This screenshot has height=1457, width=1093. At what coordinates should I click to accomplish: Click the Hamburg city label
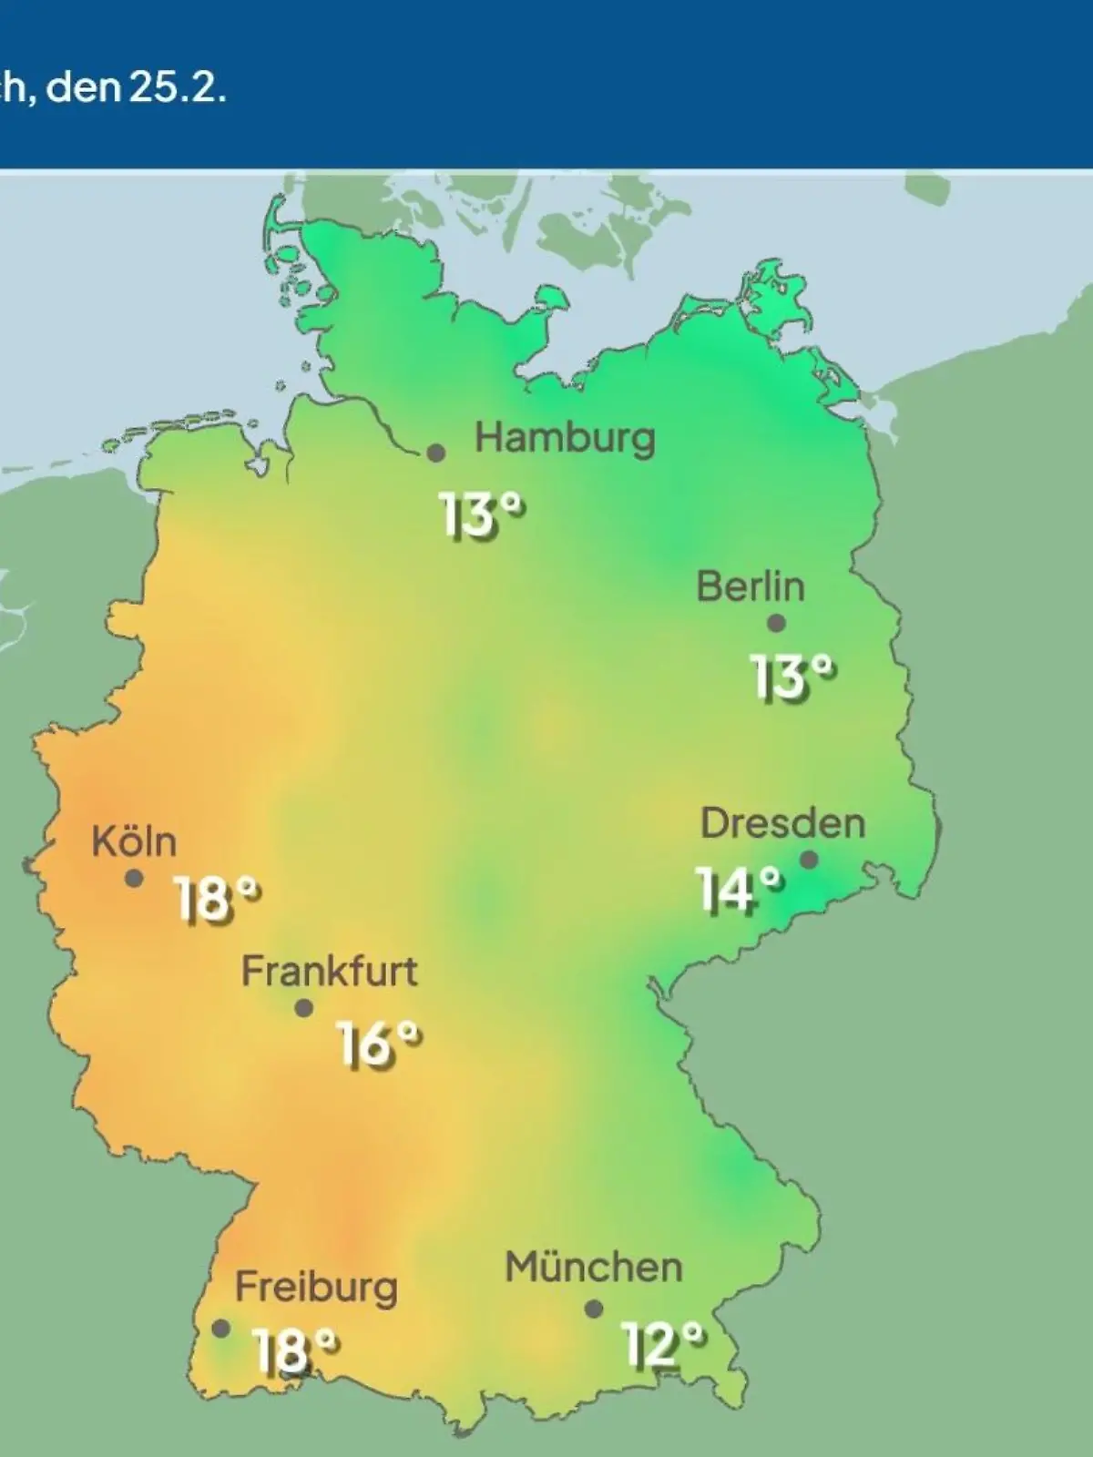(x=565, y=439)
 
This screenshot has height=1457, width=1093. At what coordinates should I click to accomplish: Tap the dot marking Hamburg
(x=436, y=453)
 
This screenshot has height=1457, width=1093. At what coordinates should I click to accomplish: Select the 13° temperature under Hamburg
(x=482, y=515)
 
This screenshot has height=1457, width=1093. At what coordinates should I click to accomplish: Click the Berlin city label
(x=751, y=586)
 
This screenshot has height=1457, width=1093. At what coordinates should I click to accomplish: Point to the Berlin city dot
(x=776, y=624)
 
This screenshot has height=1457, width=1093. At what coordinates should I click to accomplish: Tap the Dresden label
(x=782, y=823)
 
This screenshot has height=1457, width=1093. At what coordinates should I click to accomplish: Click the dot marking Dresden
(x=808, y=860)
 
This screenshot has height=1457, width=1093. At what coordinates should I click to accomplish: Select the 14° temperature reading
(x=739, y=890)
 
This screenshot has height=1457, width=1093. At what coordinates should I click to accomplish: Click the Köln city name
(x=134, y=841)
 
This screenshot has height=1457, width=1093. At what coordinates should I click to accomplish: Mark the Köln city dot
(x=134, y=879)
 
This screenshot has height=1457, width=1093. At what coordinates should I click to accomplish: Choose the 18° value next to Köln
(x=216, y=900)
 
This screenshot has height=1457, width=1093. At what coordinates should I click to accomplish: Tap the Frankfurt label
(x=329, y=972)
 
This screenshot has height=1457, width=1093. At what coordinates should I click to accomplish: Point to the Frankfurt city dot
(x=304, y=1008)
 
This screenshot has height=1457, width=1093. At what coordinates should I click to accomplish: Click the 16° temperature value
(x=379, y=1044)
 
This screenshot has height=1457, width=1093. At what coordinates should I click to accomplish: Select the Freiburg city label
(x=316, y=1288)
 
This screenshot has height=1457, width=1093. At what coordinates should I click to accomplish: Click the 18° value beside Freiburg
(x=294, y=1350)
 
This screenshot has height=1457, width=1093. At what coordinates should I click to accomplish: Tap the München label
(x=594, y=1268)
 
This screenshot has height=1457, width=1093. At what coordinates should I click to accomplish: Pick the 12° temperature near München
(x=663, y=1345)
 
